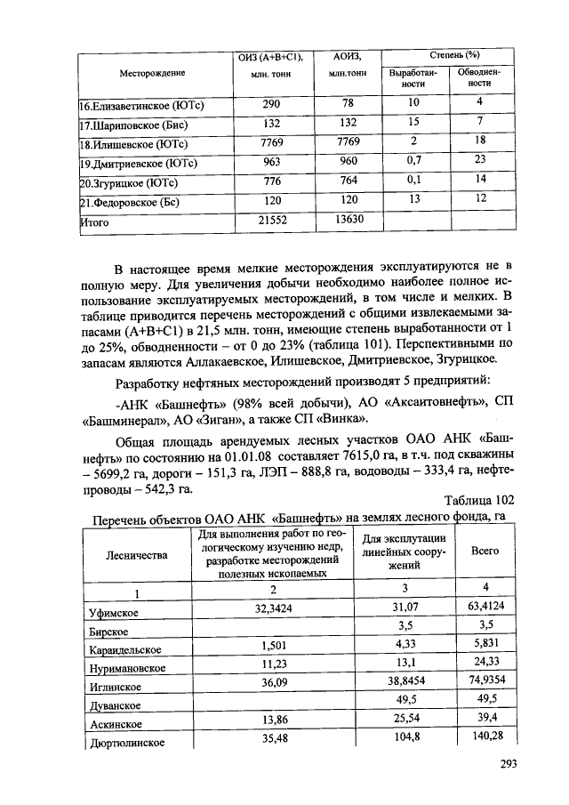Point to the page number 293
coord(509,763)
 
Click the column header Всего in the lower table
coord(485,551)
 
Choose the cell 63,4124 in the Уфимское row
coord(485,610)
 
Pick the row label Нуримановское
coord(127,667)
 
